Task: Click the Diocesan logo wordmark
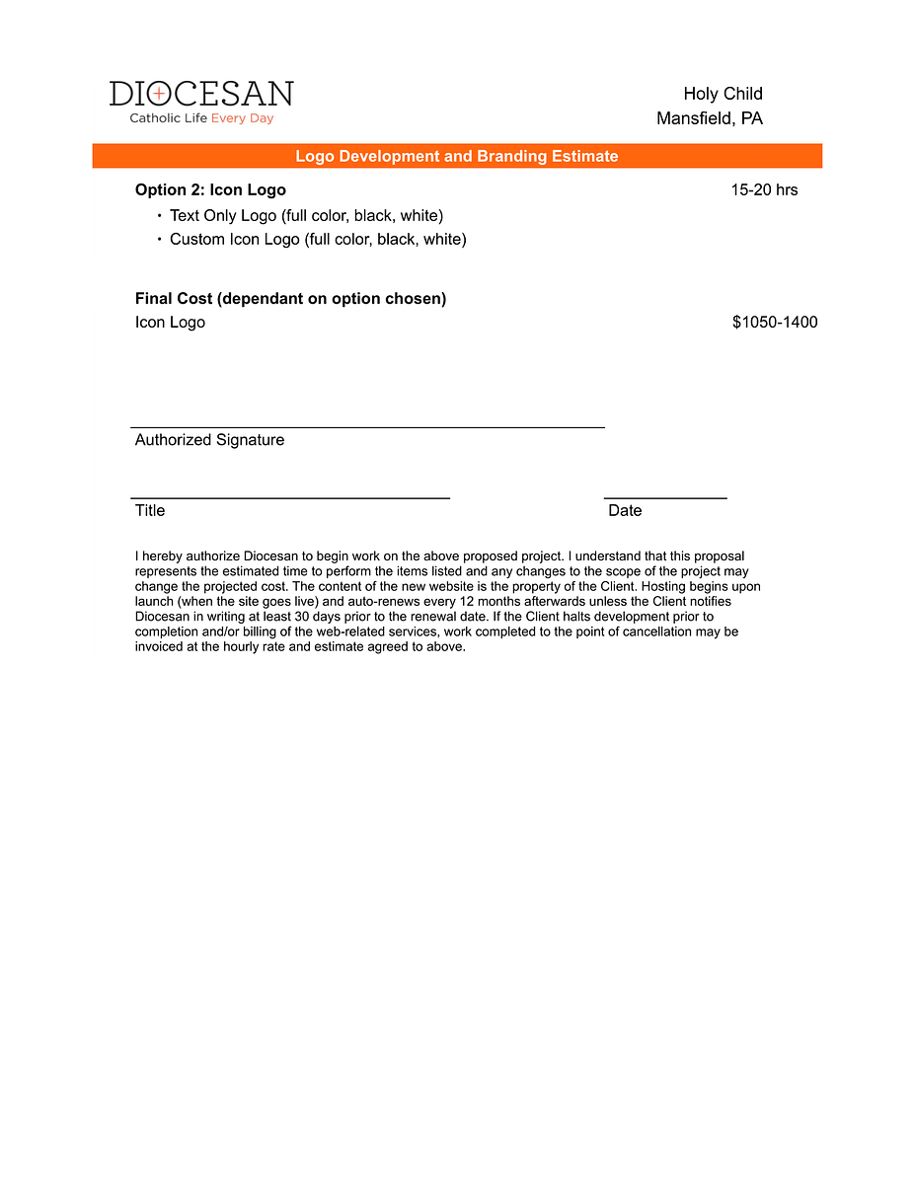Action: tap(201, 94)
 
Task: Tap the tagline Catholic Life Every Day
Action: tap(201, 118)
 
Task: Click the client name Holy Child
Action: tap(723, 94)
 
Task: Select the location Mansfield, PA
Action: tap(709, 118)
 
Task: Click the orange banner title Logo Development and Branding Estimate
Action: tap(457, 156)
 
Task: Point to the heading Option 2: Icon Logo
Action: tap(210, 189)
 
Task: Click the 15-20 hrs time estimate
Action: tap(764, 189)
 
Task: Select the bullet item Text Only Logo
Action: tap(306, 215)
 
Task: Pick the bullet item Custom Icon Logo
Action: tap(318, 239)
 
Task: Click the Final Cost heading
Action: tap(290, 298)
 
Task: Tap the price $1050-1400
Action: tap(775, 322)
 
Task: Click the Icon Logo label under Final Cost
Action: tap(170, 322)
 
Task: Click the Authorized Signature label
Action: tap(209, 440)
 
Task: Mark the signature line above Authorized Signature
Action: tap(367, 427)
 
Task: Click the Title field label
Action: tap(150, 510)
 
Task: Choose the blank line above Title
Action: tap(290, 498)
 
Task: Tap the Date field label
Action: tap(625, 510)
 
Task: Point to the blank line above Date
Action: tap(665, 498)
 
